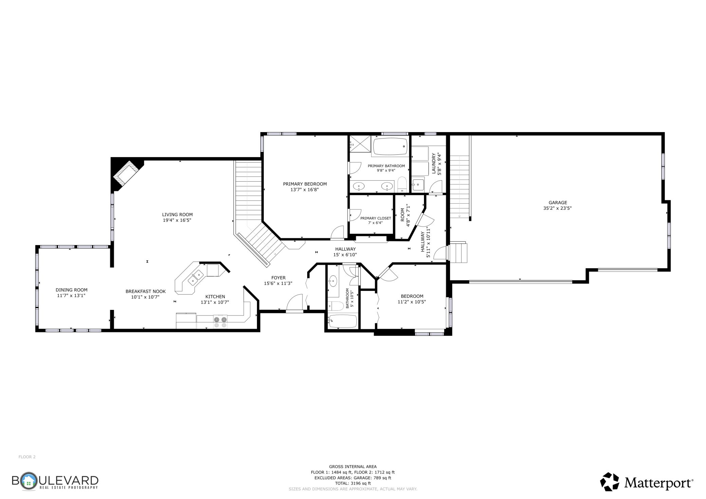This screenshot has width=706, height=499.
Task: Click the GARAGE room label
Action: (558, 203)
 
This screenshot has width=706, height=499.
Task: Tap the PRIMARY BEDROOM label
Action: (305, 184)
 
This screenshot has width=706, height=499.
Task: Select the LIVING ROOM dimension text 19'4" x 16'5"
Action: (177, 220)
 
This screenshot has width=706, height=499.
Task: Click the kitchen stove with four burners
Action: (220, 322)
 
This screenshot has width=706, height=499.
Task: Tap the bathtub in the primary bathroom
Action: (390, 146)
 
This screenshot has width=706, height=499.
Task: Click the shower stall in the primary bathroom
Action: (359, 144)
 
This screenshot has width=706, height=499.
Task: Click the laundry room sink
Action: (418, 185)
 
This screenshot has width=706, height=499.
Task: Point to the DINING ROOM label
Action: (72, 290)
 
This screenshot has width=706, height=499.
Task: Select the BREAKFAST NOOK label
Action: (146, 291)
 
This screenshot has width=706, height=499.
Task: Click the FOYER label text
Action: (278, 278)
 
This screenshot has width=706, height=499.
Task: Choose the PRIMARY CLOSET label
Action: (376, 218)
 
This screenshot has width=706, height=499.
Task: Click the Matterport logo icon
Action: (610, 482)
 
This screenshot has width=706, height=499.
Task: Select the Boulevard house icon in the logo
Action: (29, 481)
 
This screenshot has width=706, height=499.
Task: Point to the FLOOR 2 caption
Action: (27, 457)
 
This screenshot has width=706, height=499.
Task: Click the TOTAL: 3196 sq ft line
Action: (353, 483)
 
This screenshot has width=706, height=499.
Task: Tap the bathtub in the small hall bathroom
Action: (342, 321)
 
